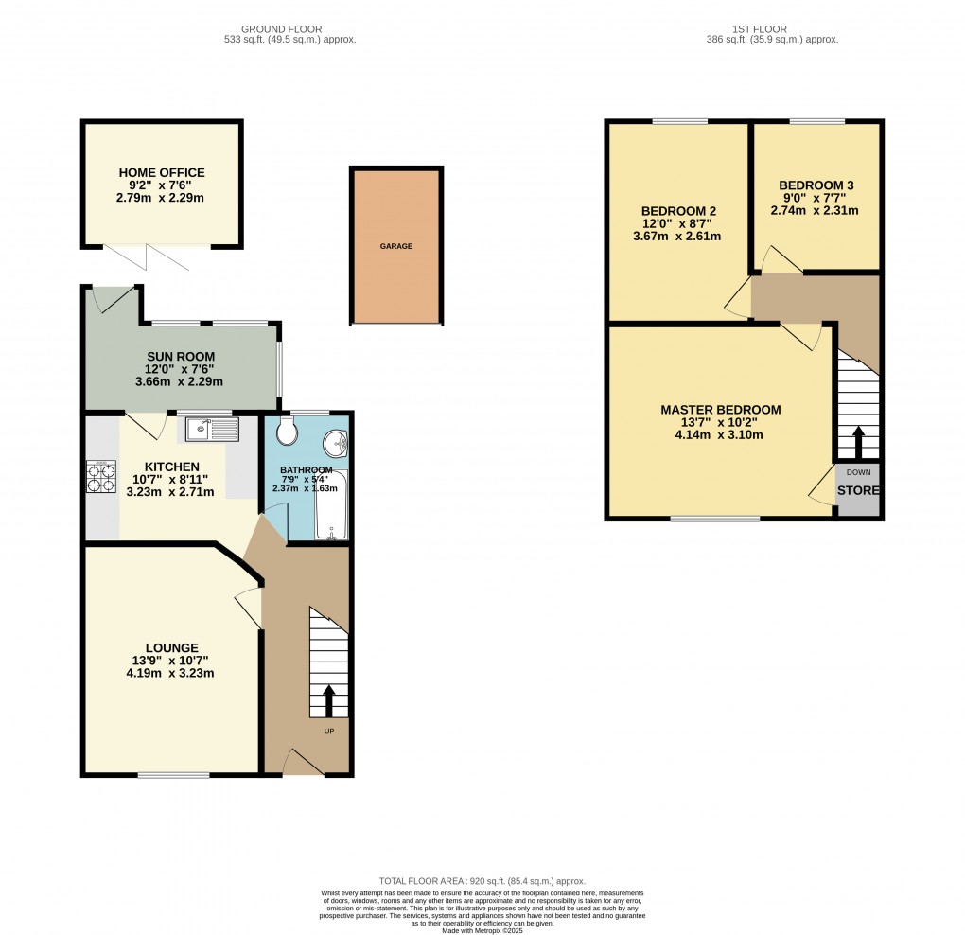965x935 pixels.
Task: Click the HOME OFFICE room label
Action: click(x=161, y=172)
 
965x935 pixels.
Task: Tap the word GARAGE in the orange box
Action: click(x=396, y=246)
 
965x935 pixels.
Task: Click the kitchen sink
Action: click(x=213, y=430)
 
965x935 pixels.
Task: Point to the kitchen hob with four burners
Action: click(x=101, y=475)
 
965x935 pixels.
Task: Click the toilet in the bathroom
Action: click(x=288, y=433)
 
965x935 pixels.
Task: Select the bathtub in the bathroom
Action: click(x=331, y=504)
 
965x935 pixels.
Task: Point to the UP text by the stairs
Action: click(x=329, y=731)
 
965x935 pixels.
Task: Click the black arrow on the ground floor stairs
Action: click(x=329, y=701)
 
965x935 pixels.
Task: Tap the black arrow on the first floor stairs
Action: click(x=858, y=441)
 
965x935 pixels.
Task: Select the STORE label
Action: click(x=858, y=490)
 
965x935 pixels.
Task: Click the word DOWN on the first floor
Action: click(x=858, y=471)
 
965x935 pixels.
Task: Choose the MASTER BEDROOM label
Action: click(x=720, y=410)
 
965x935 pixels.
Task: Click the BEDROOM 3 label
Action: click(x=818, y=185)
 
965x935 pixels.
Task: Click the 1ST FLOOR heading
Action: click(x=772, y=29)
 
